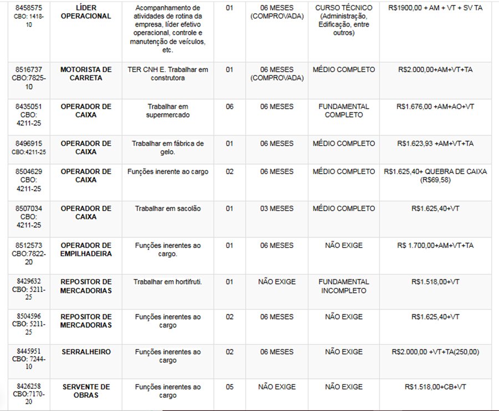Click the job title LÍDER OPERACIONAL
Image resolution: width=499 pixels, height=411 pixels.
(x=85, y=12)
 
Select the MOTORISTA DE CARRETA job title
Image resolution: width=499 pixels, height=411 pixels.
(x=85, y=74)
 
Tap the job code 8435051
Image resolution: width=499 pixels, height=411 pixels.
(x=28, y=106)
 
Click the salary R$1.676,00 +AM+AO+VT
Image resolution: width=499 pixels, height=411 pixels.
(x=435, y=106)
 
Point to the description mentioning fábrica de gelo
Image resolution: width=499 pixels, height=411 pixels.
(x=167, y=148)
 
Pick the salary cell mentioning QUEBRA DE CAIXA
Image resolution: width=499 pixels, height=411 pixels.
(x=435, y=176)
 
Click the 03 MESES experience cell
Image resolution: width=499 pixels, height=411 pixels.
(x=277, y=209)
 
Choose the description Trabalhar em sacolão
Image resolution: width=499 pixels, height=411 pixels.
(x=167, y=209)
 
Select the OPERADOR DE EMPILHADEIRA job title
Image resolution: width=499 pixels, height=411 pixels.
(x=85, y=250)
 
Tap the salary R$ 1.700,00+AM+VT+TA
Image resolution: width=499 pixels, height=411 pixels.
(x=435, y=245)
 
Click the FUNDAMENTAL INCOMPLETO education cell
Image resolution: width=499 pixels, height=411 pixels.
(x=344, y=286)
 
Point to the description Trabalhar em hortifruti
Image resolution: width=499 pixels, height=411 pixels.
(x=167, y=282)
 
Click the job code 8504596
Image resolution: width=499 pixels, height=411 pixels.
(x=28, y=317)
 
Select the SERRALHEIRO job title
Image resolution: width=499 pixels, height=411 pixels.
(x=85, y=352)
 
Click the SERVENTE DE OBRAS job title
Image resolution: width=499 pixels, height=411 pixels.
(x=85, y=391)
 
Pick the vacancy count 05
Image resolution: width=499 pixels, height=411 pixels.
(x=230, y=387)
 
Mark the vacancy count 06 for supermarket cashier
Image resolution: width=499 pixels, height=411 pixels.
(x=230, y=106)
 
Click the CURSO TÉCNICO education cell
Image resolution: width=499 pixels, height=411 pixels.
(x=344, y=21)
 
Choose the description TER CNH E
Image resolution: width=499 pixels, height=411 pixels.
(x=167, y=74)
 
